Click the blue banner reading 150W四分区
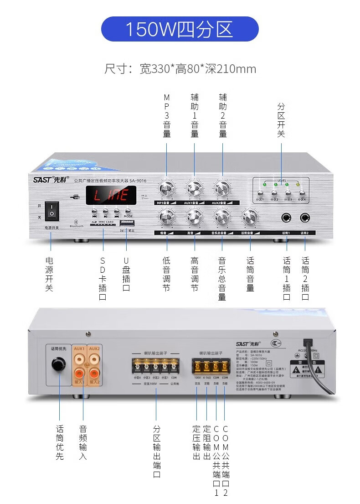tap(180, 29)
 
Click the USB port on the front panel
tap(126, 223)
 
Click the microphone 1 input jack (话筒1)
tap(287, 218)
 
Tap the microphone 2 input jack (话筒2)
tap(305, 218)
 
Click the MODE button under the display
tap(128, 211)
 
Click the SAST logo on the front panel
tap(51, 180)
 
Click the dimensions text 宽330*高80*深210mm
tap(180, 69)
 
